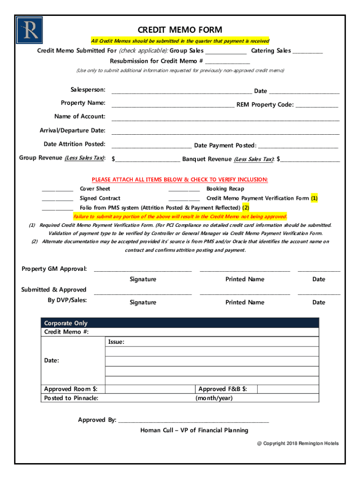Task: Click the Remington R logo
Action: (x=29, y=30)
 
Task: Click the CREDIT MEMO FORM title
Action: (x=180, y=30)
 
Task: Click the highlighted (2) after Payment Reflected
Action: (x=245, y=208)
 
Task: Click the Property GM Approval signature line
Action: (x=143, y=270)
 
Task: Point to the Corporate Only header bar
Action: (x=180, y=323)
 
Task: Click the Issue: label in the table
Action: (x=116, y=342)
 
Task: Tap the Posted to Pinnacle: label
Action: (x=71, y=398)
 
